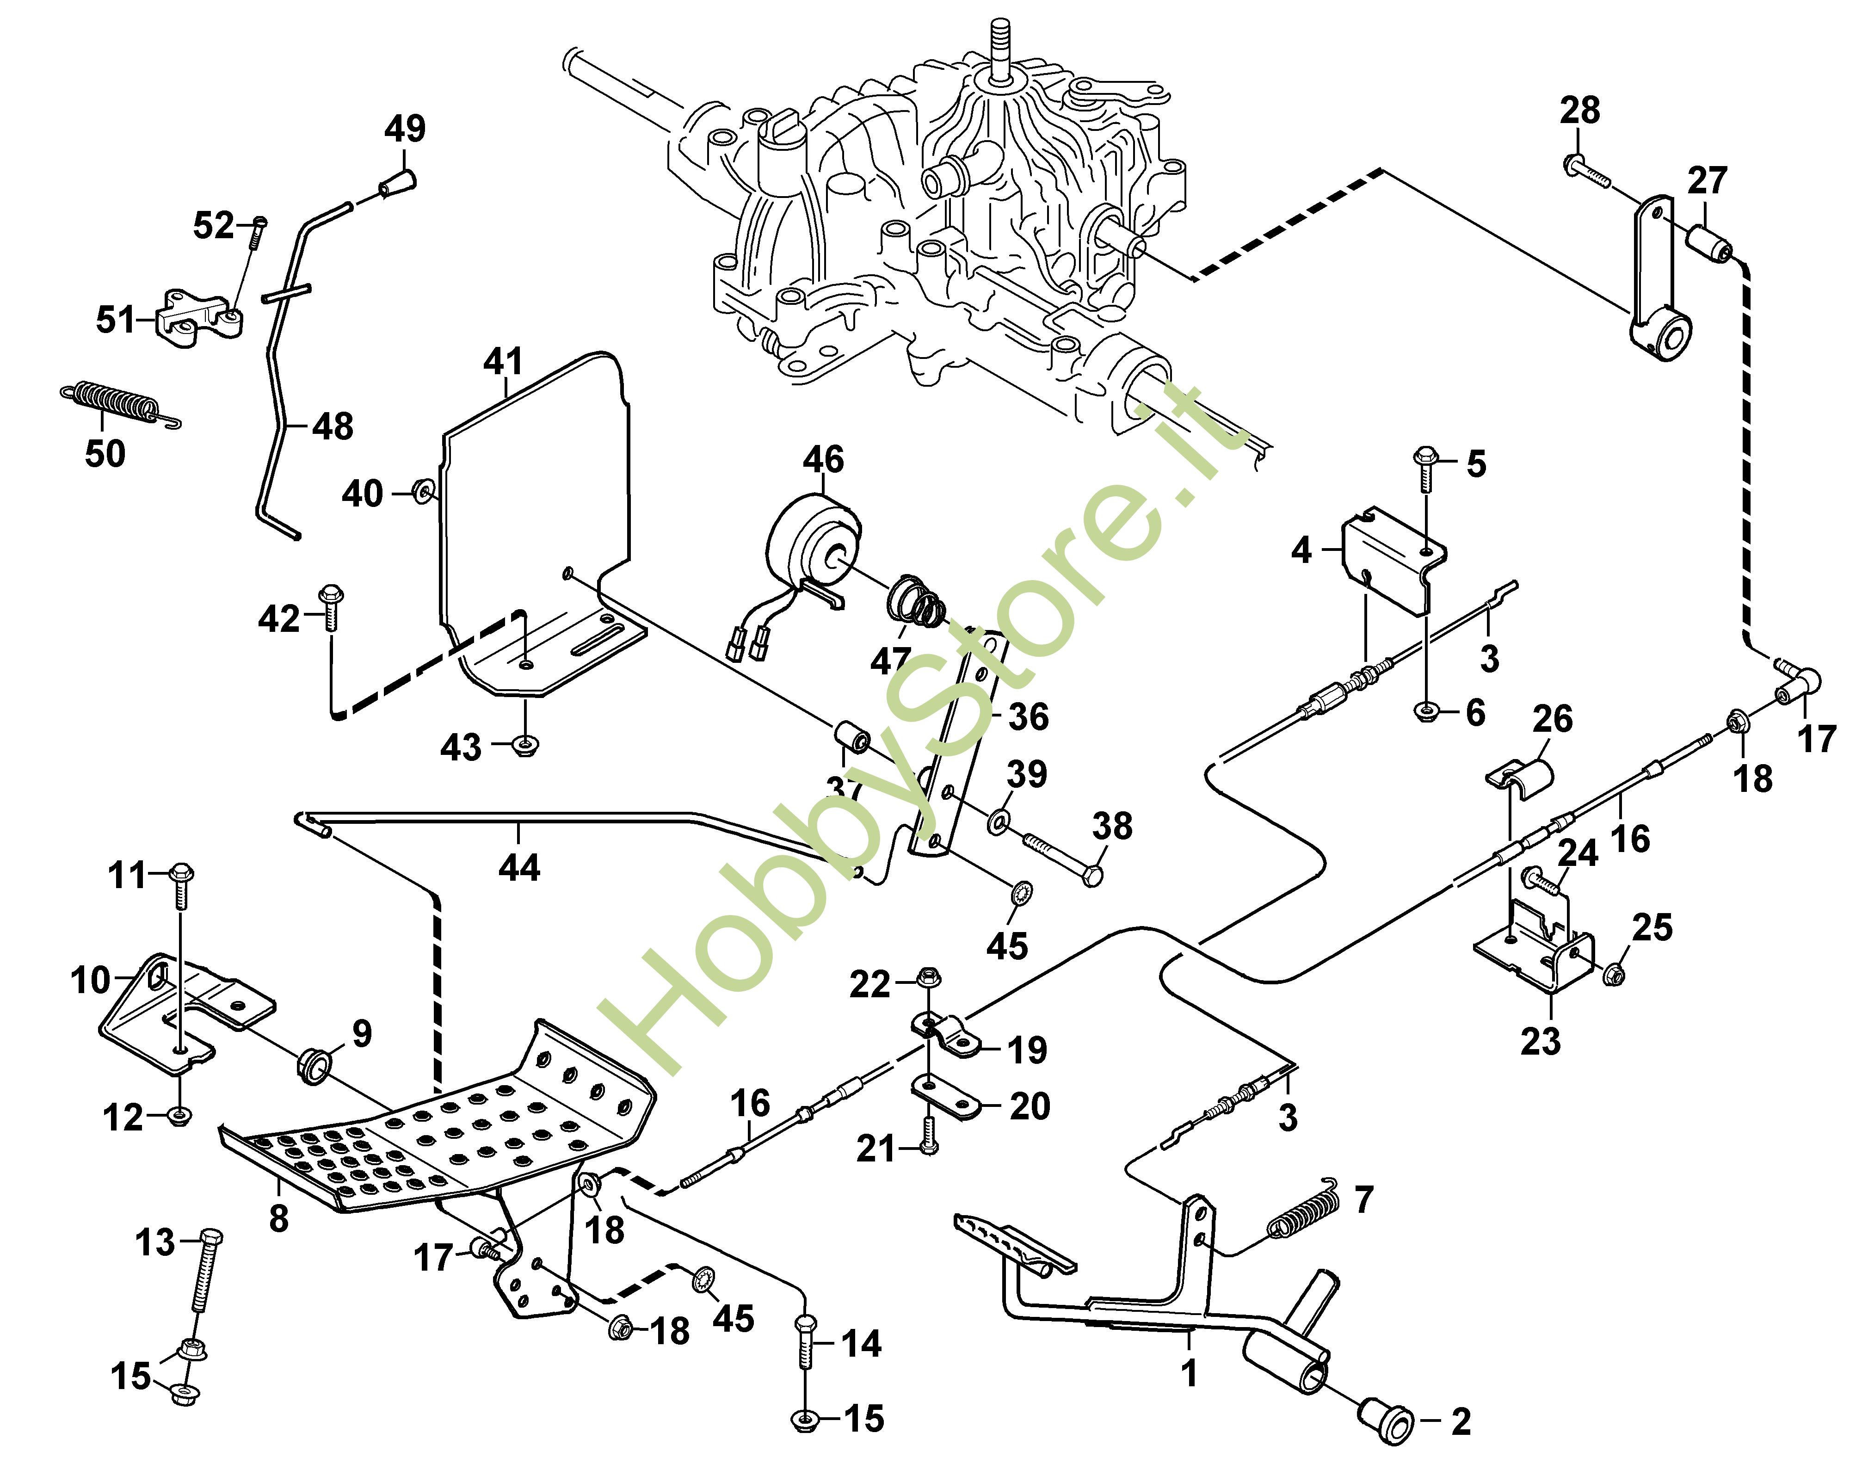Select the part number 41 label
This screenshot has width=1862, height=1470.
coord(503,361)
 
